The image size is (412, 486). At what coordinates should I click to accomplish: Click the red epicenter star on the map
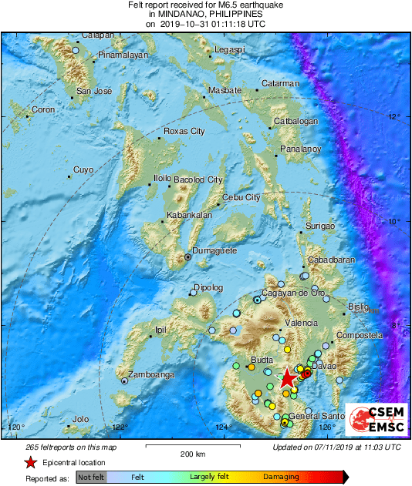pos(287,377)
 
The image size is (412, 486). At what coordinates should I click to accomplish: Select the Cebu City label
pos(241,198)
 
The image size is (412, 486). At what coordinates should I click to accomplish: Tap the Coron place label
pos(43,110)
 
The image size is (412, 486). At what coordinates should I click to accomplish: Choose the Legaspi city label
pos(229,49)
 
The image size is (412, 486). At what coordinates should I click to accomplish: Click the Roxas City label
pos(184,131)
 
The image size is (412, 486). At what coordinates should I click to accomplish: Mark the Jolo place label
pos(80,420)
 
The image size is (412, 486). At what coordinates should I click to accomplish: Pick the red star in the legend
pos(30,462)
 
